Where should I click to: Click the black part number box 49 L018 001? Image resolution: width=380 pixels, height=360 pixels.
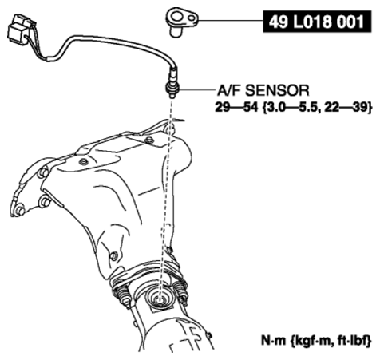(317, 22)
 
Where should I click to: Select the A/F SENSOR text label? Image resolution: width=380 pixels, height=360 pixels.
(263, 90)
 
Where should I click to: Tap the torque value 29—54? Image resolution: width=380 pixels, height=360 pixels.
(236, 108)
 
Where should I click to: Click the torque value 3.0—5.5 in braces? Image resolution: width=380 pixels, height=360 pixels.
(291, 108)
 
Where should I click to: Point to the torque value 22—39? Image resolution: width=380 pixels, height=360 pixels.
(346, 108)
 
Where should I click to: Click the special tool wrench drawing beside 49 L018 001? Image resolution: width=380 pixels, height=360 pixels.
(182, 22)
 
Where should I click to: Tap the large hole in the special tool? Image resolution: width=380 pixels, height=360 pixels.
(176, 17)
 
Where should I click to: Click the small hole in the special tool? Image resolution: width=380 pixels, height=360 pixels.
(192, 18)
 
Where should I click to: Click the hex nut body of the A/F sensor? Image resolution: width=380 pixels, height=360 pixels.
(172, 88)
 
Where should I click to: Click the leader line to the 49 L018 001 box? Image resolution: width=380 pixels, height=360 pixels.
(231, 21)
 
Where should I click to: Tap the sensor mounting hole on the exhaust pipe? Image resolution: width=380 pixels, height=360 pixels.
(159, 299)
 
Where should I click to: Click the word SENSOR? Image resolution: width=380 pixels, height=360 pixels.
(277, 90)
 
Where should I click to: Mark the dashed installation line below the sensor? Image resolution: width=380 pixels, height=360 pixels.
(165, 197)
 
